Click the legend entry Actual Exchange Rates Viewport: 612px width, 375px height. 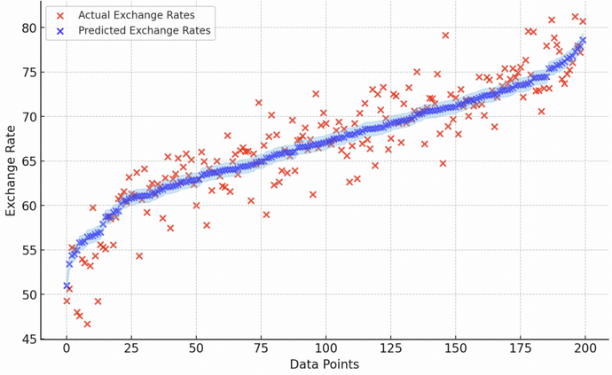[x=137, y=15]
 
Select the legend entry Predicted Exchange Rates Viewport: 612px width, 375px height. [x=145, y=31]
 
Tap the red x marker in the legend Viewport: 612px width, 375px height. [x=60, y=15]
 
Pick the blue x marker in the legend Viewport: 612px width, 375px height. [x=60, y=31]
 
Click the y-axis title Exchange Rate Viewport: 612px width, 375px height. [x=12, y=170]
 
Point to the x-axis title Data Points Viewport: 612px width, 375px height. [x=325, y=364]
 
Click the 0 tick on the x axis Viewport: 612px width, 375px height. [x=67, y=348]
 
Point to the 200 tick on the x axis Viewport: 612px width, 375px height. [x=586, y=348]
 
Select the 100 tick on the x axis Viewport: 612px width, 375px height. [x=326, y=348]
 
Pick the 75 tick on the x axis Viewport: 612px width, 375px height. [x=261, y=348]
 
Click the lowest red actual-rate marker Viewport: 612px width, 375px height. [x=87, y=324]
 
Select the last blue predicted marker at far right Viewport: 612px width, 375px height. [x=583, y=40]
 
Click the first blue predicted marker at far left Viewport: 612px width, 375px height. [x=67, y=285]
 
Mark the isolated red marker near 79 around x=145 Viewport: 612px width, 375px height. [x=445, y=35]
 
